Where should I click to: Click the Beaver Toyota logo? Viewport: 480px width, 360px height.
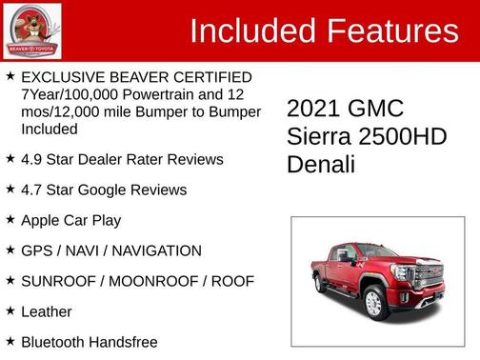pos(32,30)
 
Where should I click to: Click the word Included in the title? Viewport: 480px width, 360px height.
pos(253,31)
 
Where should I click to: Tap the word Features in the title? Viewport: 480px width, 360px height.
pos(391,31)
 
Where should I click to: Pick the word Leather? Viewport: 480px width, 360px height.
pos(46,311)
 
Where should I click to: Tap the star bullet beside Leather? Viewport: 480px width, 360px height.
pos(10,310)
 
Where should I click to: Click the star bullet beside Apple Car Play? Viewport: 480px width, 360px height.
pos(10,219)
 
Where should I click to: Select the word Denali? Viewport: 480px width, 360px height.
pos(321,164)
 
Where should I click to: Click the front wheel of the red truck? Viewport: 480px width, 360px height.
pos(374,302)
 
